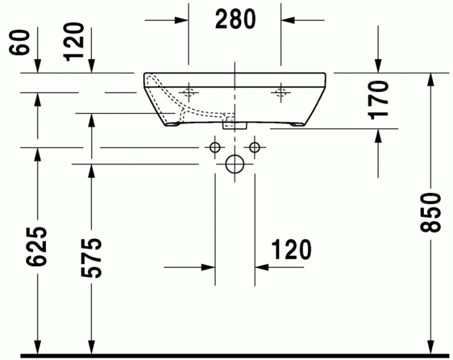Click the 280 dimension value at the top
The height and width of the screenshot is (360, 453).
tap(236, 19)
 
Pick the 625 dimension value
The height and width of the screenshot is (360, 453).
tap(37, 247)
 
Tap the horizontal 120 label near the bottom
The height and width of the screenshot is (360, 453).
tap(291, 249)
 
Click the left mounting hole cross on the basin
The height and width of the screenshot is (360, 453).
tap(190, 93)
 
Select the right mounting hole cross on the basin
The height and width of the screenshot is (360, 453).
tap(281, 93)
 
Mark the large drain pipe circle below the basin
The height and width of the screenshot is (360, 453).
tap(234, 164)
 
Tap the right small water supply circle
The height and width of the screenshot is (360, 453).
tap(255, 148)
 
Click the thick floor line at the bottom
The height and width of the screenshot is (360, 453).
tap(233, 355)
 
